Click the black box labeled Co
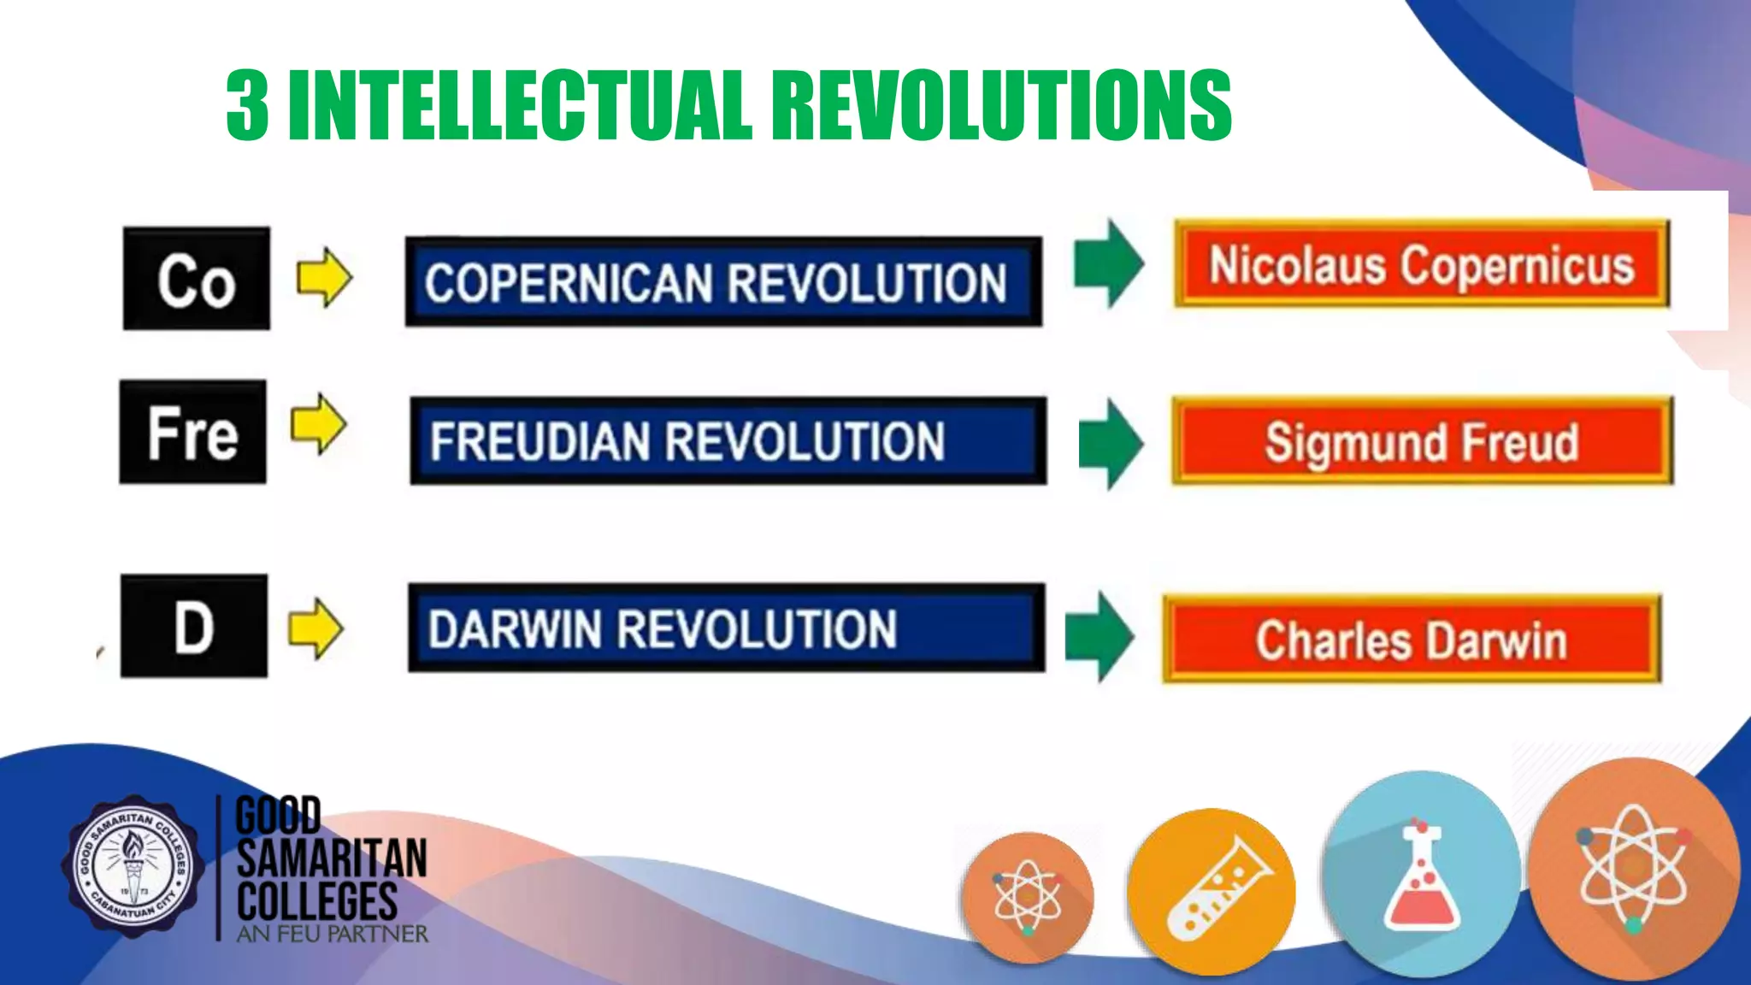[196, 279]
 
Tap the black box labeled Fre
[192, 433]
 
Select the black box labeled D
[193, 627]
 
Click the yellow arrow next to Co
[324, 278]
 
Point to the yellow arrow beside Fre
[319, 424]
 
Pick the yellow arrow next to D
[315, 628]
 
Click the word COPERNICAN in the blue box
[568, 283]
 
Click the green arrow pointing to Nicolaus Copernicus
[1109, 263]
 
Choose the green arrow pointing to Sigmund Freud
[1111, 443]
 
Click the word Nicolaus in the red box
[1296, 265]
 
